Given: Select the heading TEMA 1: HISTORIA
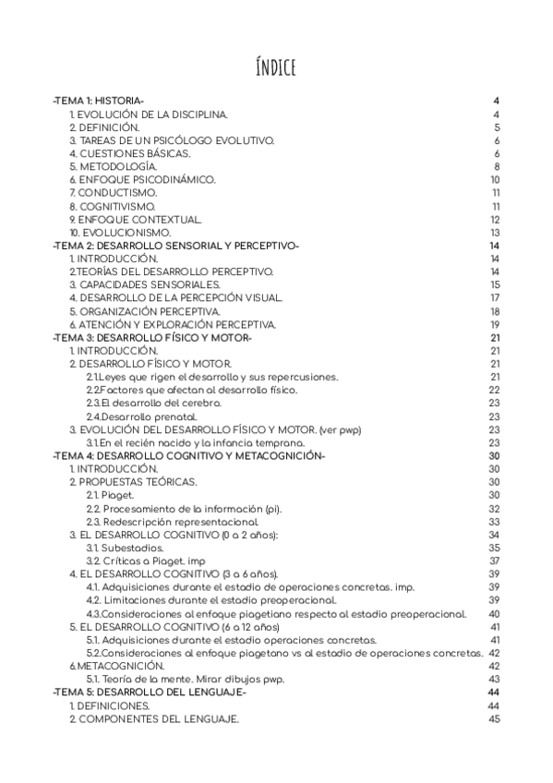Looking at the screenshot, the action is pos(99,101).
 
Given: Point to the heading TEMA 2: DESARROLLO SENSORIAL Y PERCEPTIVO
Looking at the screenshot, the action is pos(176,246).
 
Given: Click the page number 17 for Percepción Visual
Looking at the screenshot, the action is pos(495,298).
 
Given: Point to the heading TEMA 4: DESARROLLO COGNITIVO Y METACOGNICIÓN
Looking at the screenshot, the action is pos(188,456).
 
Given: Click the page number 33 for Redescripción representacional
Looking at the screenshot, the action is pos(495,522).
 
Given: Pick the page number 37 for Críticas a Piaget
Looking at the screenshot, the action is pos(495,561).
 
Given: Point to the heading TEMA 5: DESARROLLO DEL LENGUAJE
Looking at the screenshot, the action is pos(150,693).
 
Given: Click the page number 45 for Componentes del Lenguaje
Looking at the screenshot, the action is pos(495,719).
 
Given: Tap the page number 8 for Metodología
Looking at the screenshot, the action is pos(497,166).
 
